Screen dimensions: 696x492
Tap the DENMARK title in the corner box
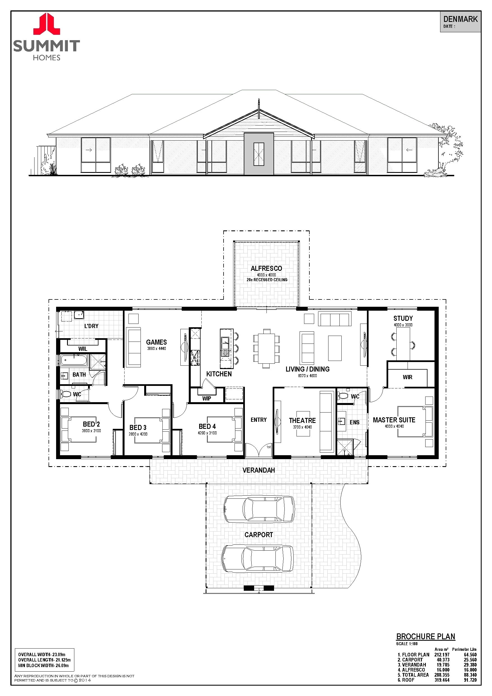pyautogui.click(x=460, y=19)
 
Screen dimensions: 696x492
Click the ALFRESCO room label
pyautogui.click(x=266, y=268)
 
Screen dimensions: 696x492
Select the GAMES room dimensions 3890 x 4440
pyautogui.click(x=156, y=349)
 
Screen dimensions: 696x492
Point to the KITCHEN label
pyautogui.click(x=219, y=374)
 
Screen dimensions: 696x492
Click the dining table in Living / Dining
pyautogui.click(x=266, y=348)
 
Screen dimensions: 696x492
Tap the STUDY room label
pyautogui.click(x=403, y=318)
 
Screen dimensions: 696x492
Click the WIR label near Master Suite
pyautogui.click(x=407, y=377)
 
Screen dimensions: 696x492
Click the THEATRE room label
pyautogui.click(x=302, y=420)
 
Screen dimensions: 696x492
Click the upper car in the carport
pyautogui.click(x=259, y=510)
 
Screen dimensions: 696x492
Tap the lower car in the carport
pyautogui.click(x=258, y=558)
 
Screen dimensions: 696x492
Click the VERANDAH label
pyautogui.click(x=258, y=470)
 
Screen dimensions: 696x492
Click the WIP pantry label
pyautogui.click(x=207, y=398)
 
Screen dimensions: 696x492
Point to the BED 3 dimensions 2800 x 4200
pyautogui.click(x=138, y=434)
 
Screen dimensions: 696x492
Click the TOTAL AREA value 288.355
pyautogui.click(x=442, y=675)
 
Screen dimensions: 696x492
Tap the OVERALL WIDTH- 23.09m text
pyautogui.click(x=42, y=654)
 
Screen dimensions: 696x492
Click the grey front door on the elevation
pyautogui.click(x=259, y=154)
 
